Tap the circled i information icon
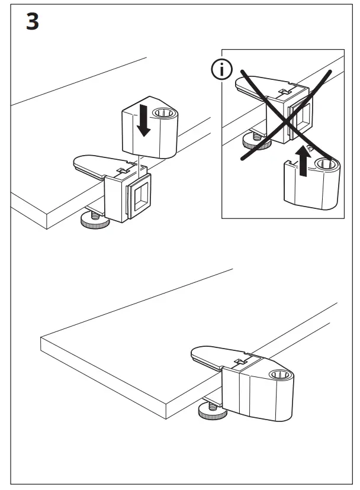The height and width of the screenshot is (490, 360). click(222, 70)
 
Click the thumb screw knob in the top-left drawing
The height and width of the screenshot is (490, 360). click(93, 222)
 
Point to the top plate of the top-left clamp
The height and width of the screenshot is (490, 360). click(95, 165)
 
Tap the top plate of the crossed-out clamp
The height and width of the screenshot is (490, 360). click(255, 85)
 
